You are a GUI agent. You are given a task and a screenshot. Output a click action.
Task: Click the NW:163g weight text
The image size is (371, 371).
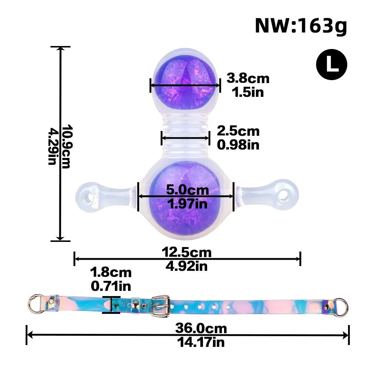[x=301, y=26]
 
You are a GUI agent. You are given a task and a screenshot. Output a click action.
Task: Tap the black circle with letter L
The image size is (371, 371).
[x=331, y=64]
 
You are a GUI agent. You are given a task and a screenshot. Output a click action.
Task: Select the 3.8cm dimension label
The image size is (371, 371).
[x=248, y=78]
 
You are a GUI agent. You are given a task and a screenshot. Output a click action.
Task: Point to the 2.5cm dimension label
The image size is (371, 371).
[x=238, y=131]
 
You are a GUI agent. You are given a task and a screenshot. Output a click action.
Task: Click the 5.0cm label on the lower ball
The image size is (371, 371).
[x=187, y=190]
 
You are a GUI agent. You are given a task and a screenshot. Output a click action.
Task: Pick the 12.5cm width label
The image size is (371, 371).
[x=187, y=252]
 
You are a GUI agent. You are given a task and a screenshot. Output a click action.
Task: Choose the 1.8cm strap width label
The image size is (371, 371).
[x=111, y=272]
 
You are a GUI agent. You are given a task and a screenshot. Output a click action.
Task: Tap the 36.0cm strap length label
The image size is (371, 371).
[x=201, y=328]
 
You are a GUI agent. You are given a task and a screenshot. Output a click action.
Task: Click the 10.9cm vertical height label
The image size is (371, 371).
[x=66, y=146]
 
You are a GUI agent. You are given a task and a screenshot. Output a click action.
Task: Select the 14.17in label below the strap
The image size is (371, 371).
[x=201, y=342]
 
